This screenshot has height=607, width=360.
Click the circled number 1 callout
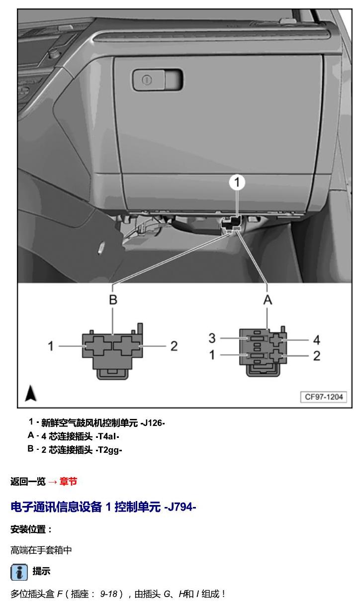(x=237, y=183)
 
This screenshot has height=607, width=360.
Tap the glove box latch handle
(x=158, y=80)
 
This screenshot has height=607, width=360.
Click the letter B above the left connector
(x=113, y=300)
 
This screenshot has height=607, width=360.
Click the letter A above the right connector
(x=268, y=300)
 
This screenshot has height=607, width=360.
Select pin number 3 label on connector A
(x=212, y=338)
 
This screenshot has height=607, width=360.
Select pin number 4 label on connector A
(x=317, y=340)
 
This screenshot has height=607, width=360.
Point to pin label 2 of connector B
(x=174, y=346)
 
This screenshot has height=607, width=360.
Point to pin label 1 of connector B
(x=51, y=346)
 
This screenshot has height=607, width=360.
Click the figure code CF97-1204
(x=324, y=397)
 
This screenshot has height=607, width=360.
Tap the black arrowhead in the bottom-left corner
(x=31, y=394)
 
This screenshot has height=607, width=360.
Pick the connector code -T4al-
(x=107, y=436)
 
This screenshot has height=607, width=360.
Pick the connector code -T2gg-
(x=108, y=450)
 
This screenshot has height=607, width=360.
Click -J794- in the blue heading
(x=180, y=506)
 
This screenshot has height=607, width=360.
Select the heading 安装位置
(x=31, y=529)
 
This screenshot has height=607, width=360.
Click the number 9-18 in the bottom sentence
(x=108, y=594)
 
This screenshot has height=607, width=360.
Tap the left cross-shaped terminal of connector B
(x=98, y=346)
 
